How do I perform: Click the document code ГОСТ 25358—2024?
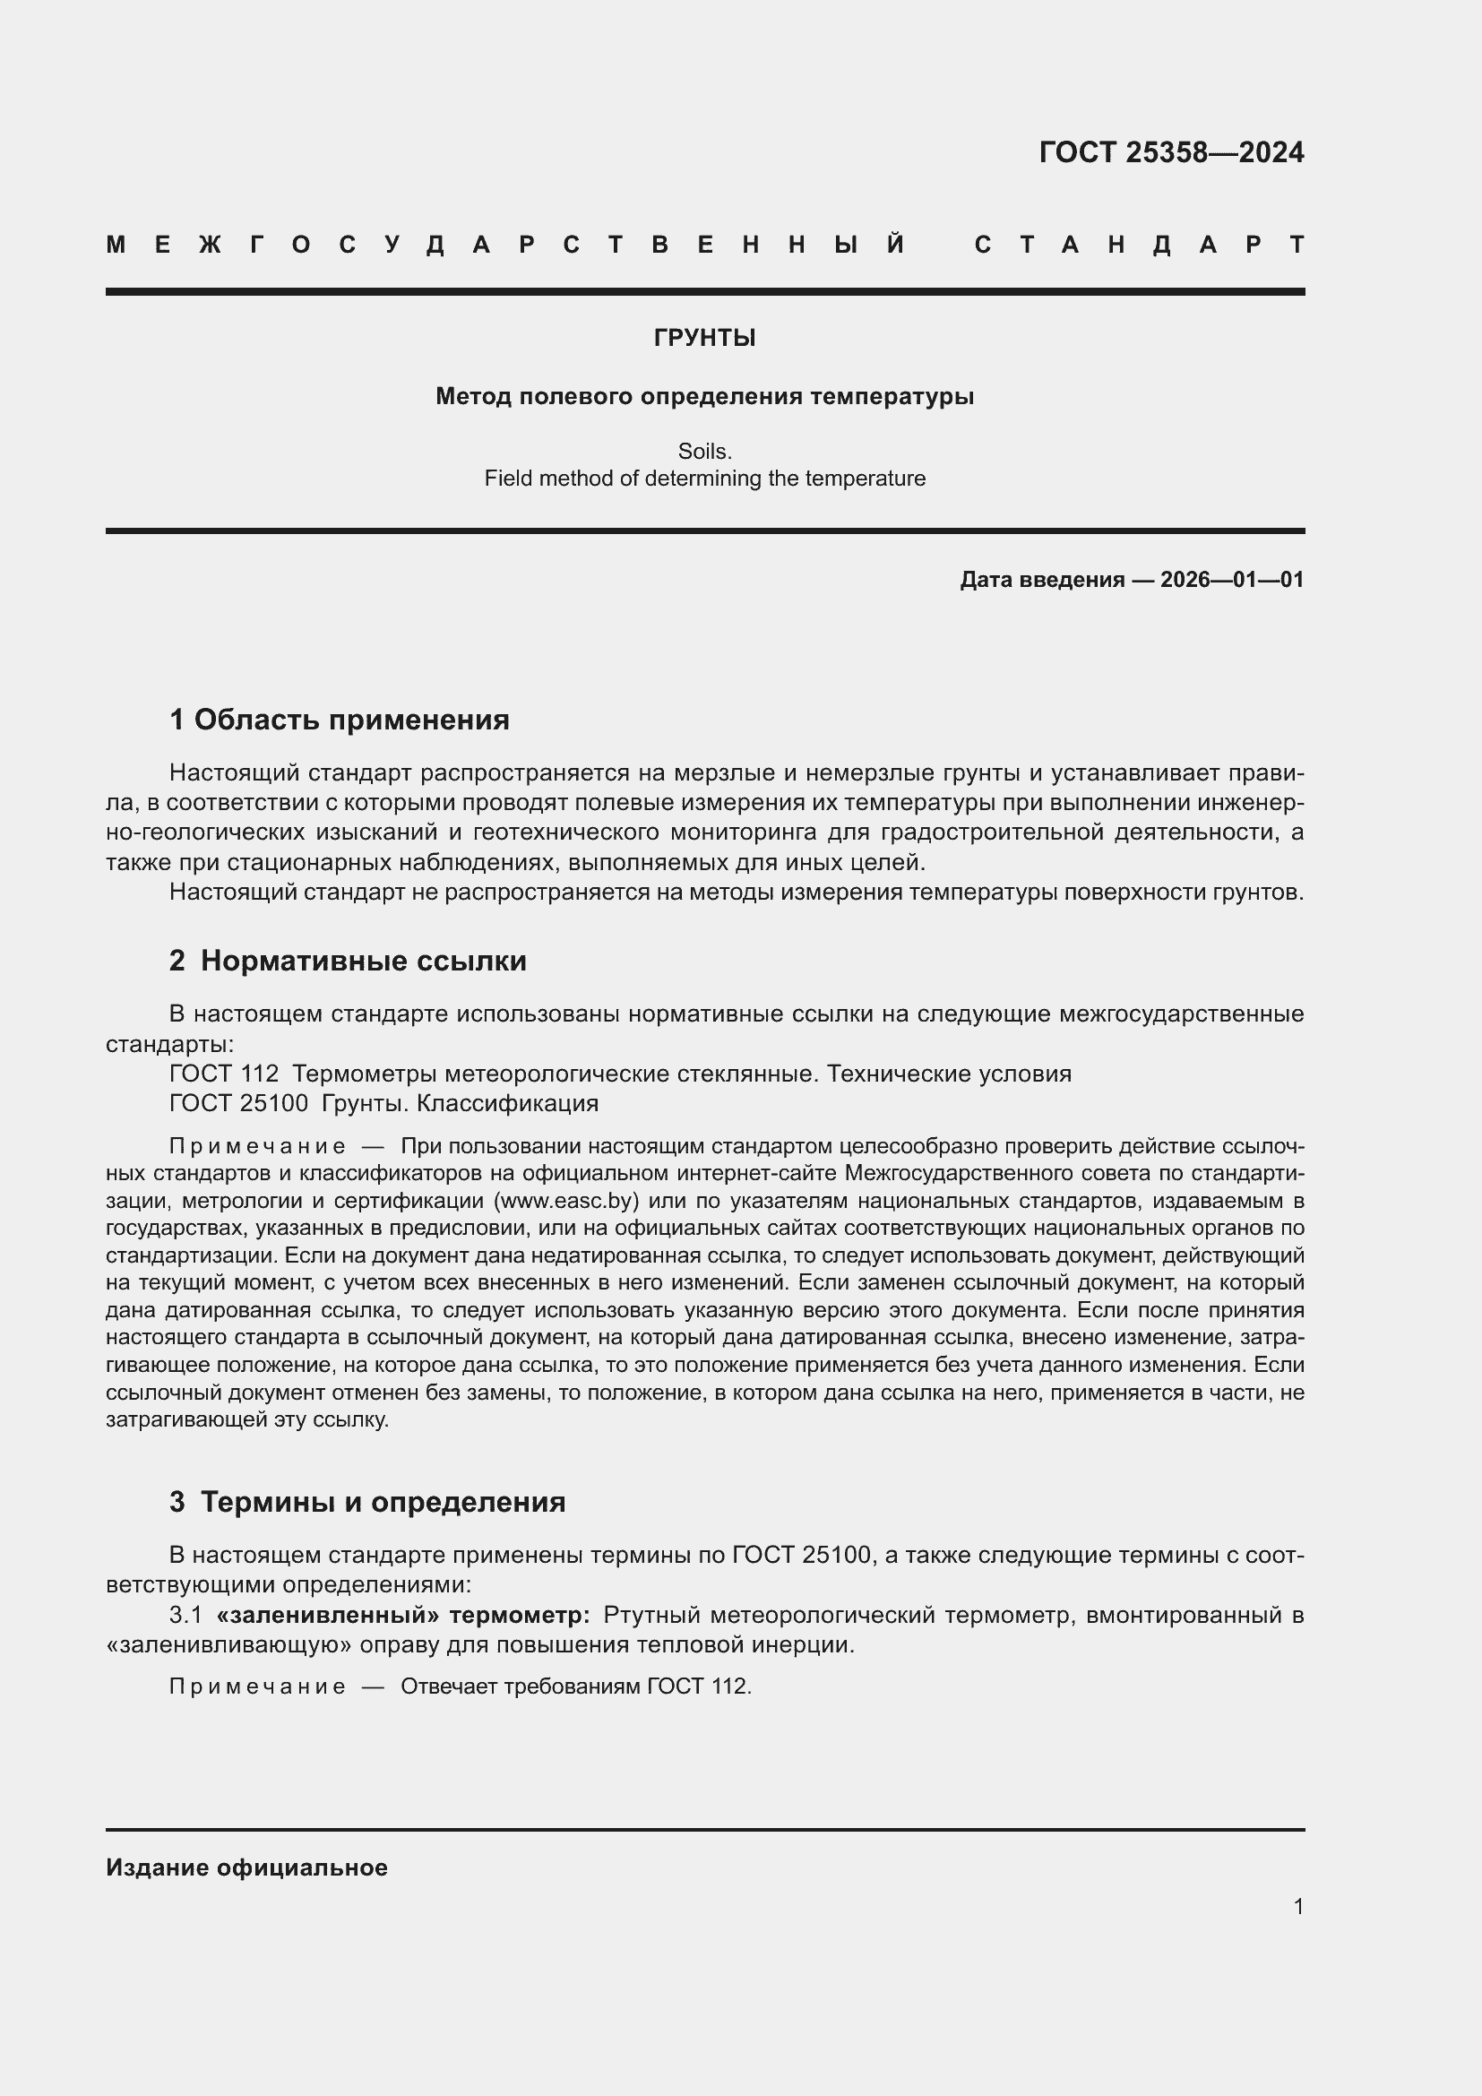1171,152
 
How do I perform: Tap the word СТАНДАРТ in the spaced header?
1139,245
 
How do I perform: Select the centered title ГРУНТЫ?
704,338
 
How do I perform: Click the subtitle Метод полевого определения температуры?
704,396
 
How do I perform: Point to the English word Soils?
704,451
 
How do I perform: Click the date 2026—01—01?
1231,580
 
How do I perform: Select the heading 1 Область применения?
339,720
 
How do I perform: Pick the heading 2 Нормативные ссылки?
348,961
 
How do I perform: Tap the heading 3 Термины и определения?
366,1502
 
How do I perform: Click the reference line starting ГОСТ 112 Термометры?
620,1074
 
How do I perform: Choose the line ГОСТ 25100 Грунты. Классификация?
383,1103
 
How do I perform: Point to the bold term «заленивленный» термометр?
402,1615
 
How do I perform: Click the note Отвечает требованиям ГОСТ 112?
575,1686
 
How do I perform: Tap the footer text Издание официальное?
246,1867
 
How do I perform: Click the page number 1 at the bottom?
1297,1906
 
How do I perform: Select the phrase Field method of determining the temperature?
704,479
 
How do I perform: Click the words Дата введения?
1041,580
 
